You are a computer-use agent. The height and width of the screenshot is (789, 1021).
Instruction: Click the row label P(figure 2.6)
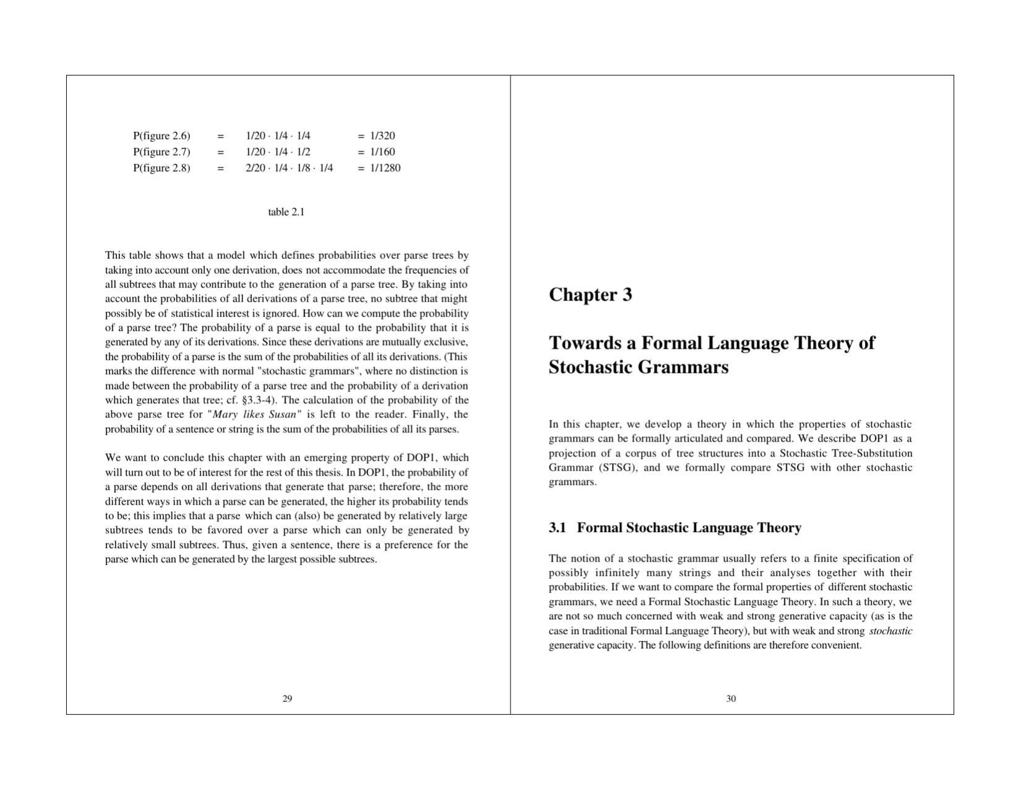point(162,136)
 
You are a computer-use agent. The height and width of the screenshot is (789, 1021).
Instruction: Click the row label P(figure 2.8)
point(162,168)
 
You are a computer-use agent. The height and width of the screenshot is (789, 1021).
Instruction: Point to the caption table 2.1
point(286,212)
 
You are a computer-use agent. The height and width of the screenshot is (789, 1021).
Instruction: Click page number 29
point(287,699)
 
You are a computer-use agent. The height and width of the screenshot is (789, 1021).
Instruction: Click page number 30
point(731,699)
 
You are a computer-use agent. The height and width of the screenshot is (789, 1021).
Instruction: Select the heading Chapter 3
point(590,294)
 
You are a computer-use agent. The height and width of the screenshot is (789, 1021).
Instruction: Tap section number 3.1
point(558,528)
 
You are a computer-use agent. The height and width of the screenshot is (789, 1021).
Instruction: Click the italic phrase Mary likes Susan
point(254,414)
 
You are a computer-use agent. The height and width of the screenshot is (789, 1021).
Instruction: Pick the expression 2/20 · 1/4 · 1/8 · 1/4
point(289,168)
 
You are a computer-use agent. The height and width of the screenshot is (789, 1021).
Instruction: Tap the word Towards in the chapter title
point(591,343)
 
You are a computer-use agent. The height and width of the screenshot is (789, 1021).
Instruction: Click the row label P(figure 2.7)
point(162,152)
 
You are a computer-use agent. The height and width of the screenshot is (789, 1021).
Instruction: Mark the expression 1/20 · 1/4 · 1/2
point(278,152)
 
